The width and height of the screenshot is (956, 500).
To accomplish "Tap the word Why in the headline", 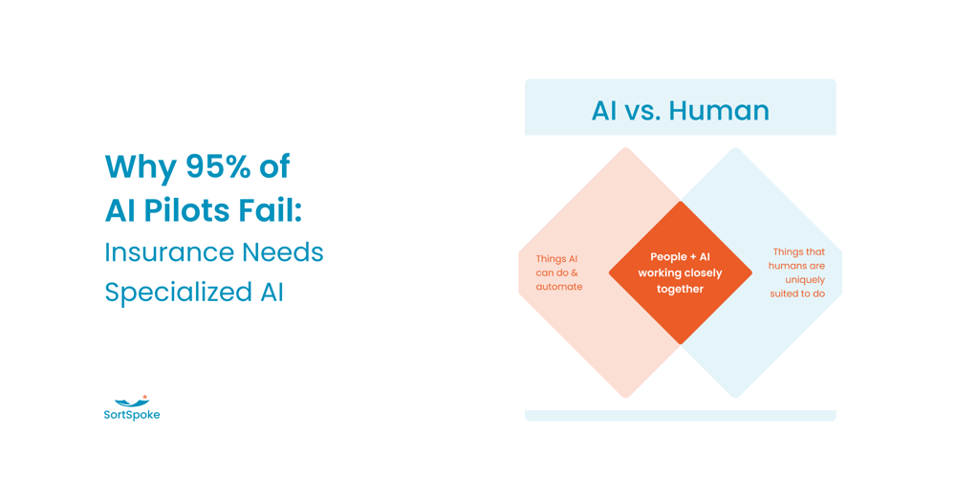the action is (141, 167).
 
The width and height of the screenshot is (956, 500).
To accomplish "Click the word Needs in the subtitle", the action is (283, 252).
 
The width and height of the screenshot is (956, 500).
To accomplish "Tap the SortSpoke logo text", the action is (132, 415).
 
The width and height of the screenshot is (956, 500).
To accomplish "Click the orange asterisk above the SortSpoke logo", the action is (144, 398).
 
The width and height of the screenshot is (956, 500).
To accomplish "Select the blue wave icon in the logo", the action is (131, 402).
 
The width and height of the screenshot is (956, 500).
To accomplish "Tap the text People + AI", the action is (680, 257).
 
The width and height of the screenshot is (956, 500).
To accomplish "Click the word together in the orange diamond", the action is (680, 289).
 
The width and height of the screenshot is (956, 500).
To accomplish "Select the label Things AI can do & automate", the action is (559, 272).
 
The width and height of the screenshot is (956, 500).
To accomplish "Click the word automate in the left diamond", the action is (559, 287).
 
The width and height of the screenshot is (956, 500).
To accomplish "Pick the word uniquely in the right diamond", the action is (805, 280).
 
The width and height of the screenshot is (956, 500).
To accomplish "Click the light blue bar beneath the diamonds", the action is (681, 415).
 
